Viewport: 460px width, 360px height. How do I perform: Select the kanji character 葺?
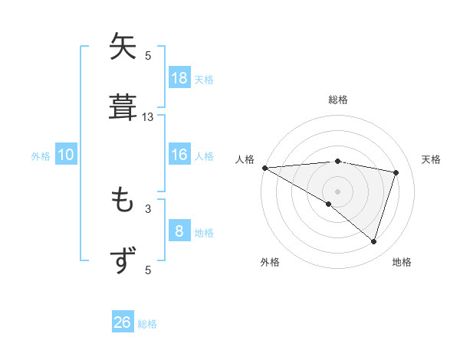[123, 106]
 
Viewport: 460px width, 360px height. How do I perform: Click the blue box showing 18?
[179, 78]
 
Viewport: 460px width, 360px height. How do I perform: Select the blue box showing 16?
[179, 155]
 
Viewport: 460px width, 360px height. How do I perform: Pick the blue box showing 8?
[179, 231]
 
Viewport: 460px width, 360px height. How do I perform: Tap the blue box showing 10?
[66, 155]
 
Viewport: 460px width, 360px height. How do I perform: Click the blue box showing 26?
[123, 322]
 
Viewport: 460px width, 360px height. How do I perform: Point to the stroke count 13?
[148, 117]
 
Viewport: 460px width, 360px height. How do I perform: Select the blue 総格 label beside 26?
[147, 324]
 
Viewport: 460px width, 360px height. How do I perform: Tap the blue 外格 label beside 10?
[41, 156]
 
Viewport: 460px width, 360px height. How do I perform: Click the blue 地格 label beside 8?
[204, 233]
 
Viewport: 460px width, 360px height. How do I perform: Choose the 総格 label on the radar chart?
[338, 100]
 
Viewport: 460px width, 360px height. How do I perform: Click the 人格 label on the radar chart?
[245, 159]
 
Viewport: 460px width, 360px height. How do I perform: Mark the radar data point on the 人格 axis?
[264, 168]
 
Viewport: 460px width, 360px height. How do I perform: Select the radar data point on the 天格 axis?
[396, 172]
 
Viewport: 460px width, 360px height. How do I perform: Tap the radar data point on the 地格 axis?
[374, 241]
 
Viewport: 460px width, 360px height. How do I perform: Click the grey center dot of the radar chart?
[338, 191]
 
